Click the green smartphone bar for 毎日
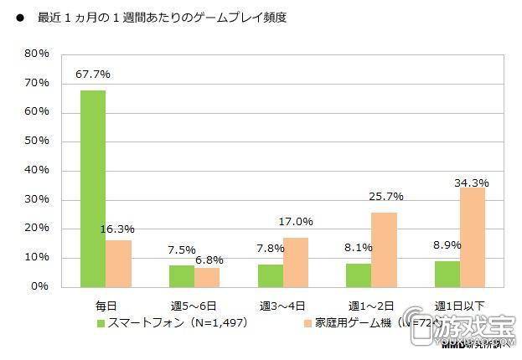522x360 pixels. [92, 188]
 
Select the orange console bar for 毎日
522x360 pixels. [118, 263]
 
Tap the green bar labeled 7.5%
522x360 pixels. [182, 275]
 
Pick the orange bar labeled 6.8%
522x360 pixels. [207, 277]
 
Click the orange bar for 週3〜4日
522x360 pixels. [296, 262]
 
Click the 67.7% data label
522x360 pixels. [92, 75]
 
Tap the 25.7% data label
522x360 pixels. [385, 197]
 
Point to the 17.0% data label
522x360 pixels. [296, 222]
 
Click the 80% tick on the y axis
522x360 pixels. [37, 54]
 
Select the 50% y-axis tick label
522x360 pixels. [37, 141]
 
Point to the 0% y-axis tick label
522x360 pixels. [40, 286]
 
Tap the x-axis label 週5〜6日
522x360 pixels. [194, 302]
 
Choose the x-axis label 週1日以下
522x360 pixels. [460, 302]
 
